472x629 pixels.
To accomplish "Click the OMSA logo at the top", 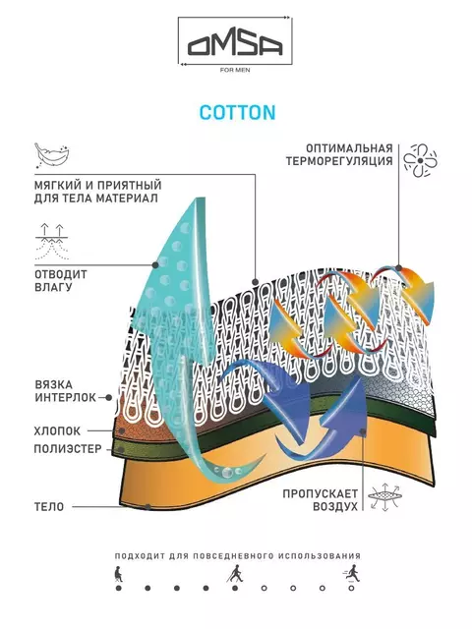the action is (x=235, y=43).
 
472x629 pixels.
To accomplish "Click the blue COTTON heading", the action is (x=238, y=112).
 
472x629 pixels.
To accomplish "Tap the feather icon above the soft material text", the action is (x=51, y=156).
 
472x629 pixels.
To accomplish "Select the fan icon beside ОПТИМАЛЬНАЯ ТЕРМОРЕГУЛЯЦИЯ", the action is (x=420, y=160).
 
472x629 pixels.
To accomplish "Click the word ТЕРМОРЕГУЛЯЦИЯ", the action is (x=339, y=161).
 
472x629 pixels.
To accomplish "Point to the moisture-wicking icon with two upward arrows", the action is (x=52, y=242).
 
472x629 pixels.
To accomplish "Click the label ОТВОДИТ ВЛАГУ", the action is (x=61, y=281).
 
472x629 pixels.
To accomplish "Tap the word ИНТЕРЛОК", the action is (x=66, y=397).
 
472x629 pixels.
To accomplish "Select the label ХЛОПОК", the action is (x=57, y=431).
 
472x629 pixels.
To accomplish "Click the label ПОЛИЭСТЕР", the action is (x=68, y=449).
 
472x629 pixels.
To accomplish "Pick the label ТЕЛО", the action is (x=49, y=507).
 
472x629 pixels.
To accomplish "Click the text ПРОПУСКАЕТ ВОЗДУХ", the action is (x=320, y=500).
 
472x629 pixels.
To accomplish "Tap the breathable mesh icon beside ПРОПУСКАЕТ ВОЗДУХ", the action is (x=384, y=496).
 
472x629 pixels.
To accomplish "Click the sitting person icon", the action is (x=118, y=574).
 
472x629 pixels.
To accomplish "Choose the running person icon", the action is (x=352, y=574).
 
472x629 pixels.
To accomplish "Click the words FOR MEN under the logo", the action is (x=235, y=70).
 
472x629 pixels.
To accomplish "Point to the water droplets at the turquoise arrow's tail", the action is (x=228, y=471).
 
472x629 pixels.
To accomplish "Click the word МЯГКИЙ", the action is (x=56, y=186).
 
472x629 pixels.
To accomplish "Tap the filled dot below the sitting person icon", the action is (x=118, y=588).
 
